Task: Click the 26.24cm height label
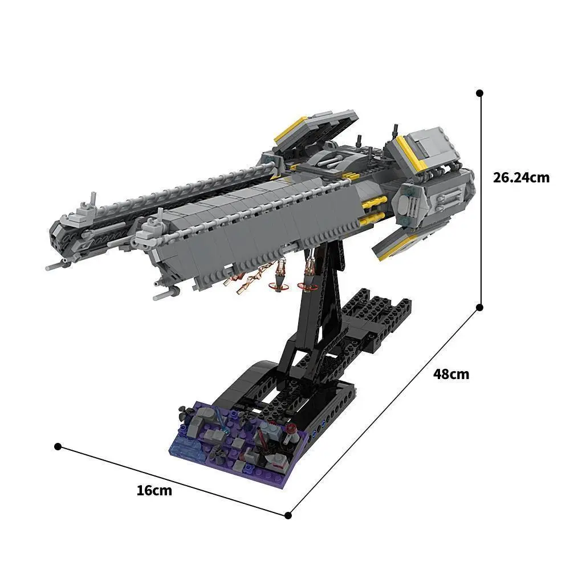[x=521, y=177]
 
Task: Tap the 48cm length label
[x=451, y=374]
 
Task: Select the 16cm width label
[x=154, y=490]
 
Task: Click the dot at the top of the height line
[x=480, y=92]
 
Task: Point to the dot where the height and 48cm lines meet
[x=480, y=307]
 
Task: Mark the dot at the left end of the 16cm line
[x=57, y=446]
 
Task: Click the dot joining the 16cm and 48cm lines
[x=288, y=515]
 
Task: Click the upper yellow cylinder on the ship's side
[x=374, y=201]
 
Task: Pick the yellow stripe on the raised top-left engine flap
[x=291, y=131]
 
